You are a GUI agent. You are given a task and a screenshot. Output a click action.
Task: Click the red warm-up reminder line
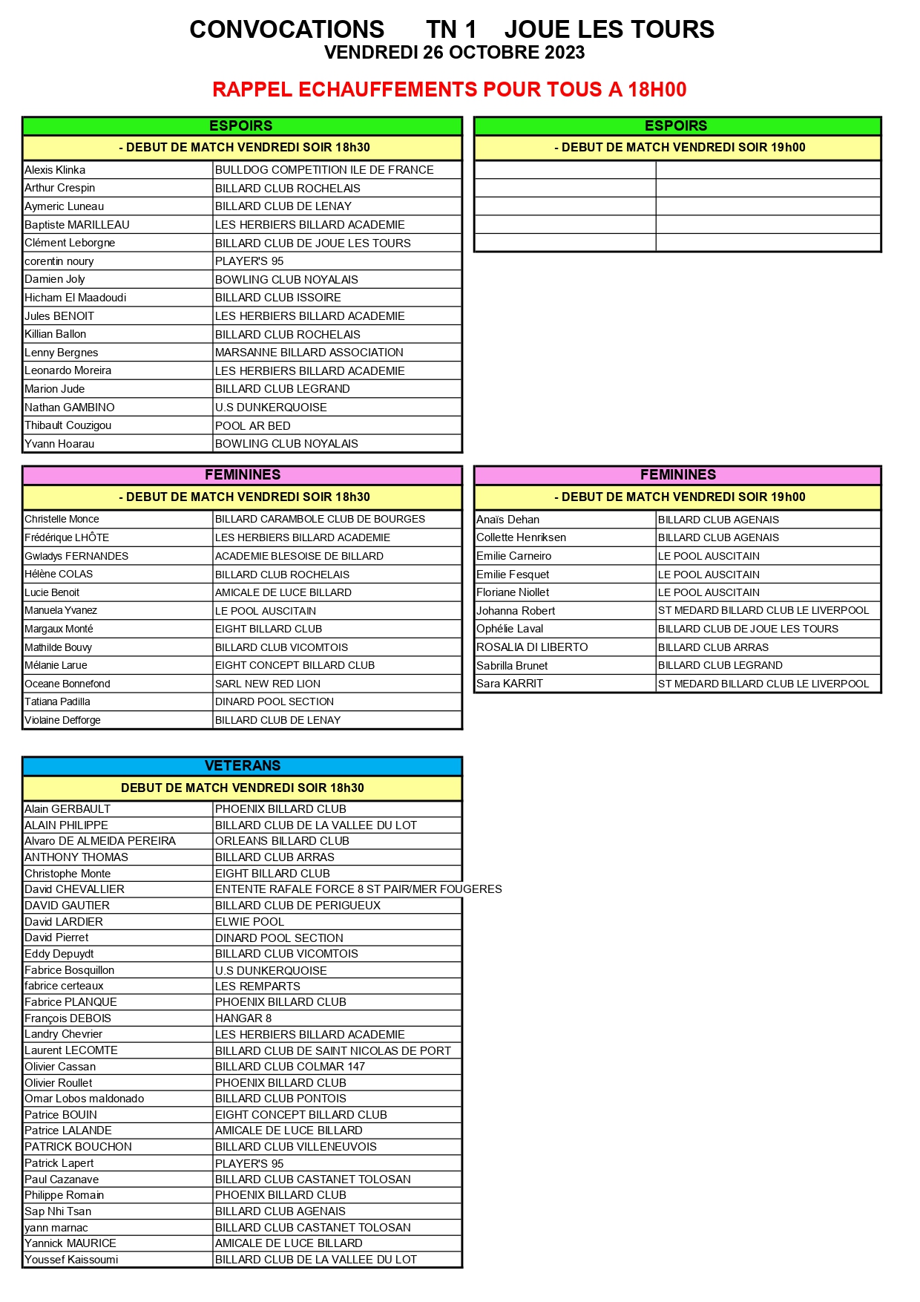(449, 90)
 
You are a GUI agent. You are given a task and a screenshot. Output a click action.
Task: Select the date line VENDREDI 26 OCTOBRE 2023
(454, 53)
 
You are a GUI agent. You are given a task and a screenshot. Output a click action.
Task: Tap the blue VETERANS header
(243, 765)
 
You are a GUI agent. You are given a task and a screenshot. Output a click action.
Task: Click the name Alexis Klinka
(55, 170)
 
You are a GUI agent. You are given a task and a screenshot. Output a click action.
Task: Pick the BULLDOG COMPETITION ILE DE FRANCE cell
(324, 170)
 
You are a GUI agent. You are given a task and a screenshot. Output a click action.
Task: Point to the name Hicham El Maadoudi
(75, 298)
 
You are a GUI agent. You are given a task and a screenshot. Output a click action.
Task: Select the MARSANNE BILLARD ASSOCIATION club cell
(309, 353)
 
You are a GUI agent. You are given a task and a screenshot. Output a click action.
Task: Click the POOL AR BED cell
(252, 425)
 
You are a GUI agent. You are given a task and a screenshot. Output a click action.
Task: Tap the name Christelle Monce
(62, 520)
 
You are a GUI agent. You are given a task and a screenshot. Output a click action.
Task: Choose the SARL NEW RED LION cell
(268, 684)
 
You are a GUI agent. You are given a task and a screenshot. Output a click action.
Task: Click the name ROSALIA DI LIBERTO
(532, 647)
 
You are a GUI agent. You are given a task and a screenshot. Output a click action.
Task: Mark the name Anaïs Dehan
(507, 520)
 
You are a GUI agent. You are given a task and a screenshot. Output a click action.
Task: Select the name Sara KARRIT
(510, 684)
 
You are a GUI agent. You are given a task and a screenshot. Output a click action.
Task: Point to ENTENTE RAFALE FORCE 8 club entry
(358, 889)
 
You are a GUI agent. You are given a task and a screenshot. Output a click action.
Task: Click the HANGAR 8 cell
(243, 1018)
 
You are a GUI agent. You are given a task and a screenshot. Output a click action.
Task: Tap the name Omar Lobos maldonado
(84, 1099)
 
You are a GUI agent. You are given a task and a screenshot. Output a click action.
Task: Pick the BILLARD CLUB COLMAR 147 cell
(290, 1067)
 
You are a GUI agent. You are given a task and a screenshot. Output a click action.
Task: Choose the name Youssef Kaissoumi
(71, 1260)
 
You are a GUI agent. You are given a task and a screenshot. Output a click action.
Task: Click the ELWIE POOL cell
(249, 922)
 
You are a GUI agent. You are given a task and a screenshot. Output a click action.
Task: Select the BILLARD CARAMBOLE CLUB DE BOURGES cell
(320, 520)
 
